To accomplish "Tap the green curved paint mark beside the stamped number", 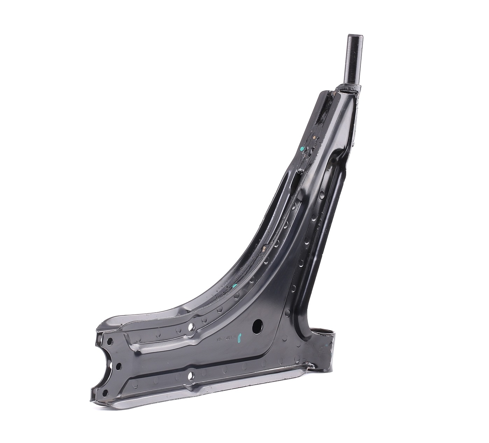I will (x=240, y=338).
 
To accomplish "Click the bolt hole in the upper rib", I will (x=191, y=327).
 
